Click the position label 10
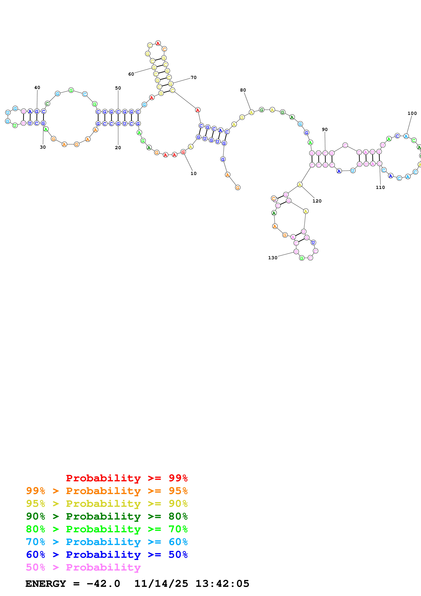(193, 173)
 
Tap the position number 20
(118, 148)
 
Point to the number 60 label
(131, 74)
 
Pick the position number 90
(325, 129)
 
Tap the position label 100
(412, 113)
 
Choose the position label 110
(380, 187)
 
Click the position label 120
(317, 201)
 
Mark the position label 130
(273, 258)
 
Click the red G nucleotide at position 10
(183, 152)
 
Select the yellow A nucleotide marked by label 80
(251, 112)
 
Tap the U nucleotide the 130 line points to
(296, 252)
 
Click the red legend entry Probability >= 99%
(127, 478)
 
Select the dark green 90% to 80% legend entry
(107, 516)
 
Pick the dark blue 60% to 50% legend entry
(107, 555)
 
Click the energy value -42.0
(103, 584)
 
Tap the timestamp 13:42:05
(222, 584)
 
